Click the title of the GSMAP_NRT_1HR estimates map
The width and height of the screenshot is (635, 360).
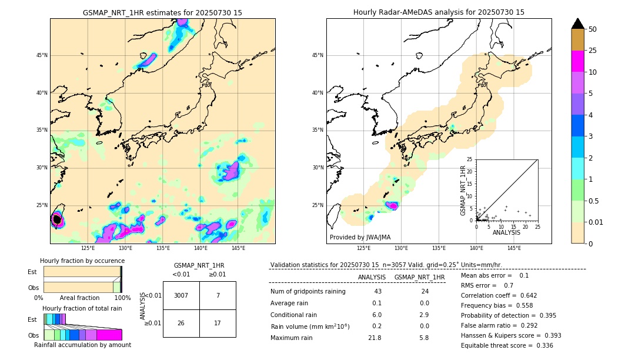(x=162, y=12)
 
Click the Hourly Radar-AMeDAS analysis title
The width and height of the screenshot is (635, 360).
(x=439, y=12)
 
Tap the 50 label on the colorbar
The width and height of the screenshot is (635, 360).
(x=593, y=29)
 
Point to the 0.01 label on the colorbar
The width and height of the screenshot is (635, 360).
(x=596, y=222)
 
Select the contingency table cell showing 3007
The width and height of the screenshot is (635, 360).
(x=181, y=295)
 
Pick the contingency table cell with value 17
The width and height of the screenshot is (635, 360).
(x=218, y=323)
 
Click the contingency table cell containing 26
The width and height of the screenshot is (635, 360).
(x=181, y=323)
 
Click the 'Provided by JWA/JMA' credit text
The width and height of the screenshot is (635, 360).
(x=360, y=237)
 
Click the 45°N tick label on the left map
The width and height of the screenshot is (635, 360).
(x=42, y=55)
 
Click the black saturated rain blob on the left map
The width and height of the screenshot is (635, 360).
(x=57, y=219)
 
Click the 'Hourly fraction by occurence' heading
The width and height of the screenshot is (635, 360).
(x=82, y=261)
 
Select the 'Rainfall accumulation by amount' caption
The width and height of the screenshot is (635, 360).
(x=82, y=345)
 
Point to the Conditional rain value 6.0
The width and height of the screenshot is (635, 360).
(x=376, y=314)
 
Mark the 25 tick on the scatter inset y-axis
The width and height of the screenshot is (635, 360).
(x=470, y=159)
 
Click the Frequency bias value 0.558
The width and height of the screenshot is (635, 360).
(x=520, y=305)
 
